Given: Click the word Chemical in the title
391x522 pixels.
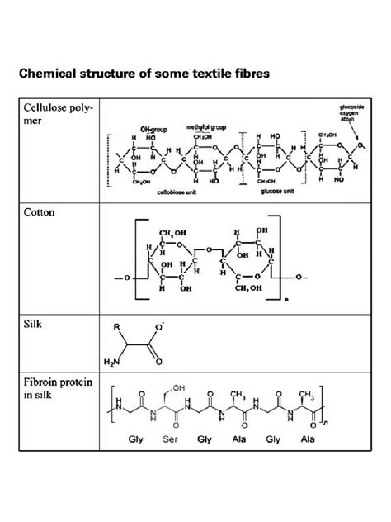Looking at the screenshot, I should [x=52, y=74].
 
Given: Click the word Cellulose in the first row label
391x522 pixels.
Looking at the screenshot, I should [x=47, y=108].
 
